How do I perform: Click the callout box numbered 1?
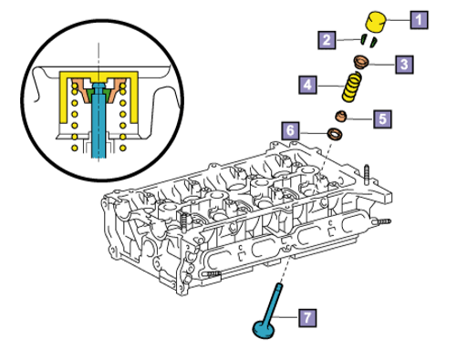click(x=419, y=20)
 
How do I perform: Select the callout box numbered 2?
click(x=327, y=40)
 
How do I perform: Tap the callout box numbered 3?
click(x=404, y=65)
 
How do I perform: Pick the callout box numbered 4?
click(x=307, y=85)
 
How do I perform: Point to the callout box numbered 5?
click(x=382, y=118)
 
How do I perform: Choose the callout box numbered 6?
click(x=290, y=130)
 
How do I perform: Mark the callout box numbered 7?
click(x=307, y=318)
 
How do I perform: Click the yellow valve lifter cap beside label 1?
click(x=376, y=21)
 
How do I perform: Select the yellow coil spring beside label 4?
click(x=352, y=87)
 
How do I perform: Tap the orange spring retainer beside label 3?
click(x=361, y=62)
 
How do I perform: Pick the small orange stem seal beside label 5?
click(x=341, y=117)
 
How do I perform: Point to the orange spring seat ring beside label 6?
click(x=335, y=134)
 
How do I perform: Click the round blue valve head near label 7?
click(x=264, y=330)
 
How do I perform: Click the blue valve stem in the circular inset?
click(x=99, y=120)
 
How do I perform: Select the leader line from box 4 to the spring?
click(x=330, y=86)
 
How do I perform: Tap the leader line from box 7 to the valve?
click(x=285, y=317)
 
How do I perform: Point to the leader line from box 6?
click(x=314, y=133)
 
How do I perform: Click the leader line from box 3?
click(x=382, y=64)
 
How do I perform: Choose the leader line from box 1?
click(x=398, y=20)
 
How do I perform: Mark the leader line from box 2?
click(x=348, y=39)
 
